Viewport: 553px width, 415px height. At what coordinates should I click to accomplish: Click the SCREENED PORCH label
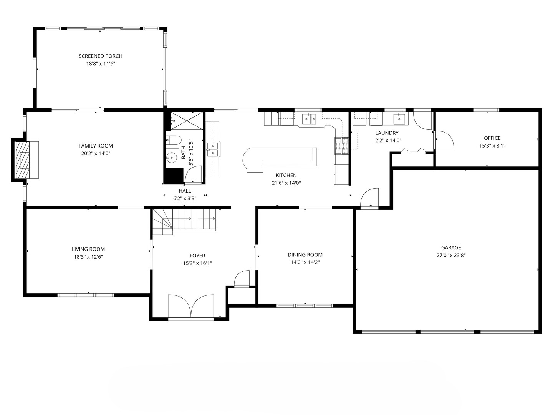click(101, 56)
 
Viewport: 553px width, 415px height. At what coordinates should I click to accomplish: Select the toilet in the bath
click(174, 140)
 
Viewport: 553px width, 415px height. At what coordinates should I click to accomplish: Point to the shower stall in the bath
click(187, 121)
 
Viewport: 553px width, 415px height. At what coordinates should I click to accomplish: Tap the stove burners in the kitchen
click(341, 146)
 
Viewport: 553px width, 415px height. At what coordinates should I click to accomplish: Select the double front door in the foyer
click(191, 306)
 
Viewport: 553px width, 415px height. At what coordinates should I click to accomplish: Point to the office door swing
click(444, 140)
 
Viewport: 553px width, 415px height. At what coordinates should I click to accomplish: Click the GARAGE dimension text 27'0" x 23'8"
click(451, 255)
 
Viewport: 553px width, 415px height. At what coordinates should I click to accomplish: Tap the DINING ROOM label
click(305, 254)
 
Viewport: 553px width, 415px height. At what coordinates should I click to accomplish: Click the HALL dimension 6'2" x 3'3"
click(185, 198)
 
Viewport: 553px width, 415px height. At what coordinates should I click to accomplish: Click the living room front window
click(86, 295)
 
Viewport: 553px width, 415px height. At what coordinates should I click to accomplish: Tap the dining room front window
click(305, 306)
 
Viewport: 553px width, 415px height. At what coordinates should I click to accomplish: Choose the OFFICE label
click(492, 138)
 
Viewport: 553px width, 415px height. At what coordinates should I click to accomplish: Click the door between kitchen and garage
click(369, 199)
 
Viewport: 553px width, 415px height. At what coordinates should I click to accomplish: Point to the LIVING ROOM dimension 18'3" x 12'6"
click(88, 257)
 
